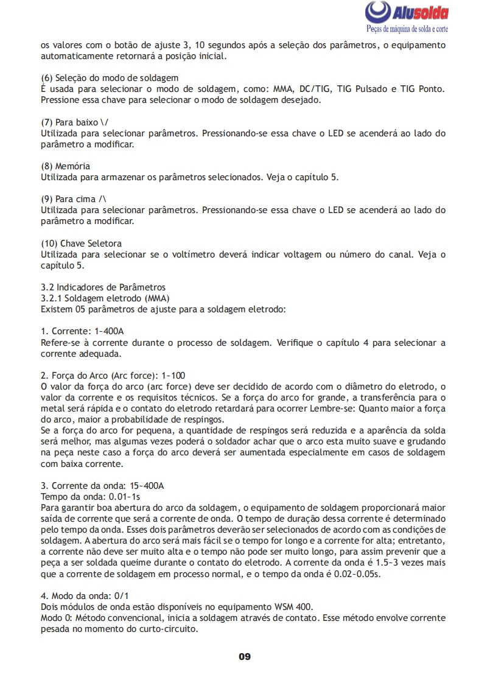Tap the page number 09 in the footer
click(x=244, y=657)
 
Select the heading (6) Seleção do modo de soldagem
click(x=109, y=78)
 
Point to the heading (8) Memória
click(x=65, y=166)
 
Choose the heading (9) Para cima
click(x=74, y=199)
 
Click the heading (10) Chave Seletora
click(x=81, y=243)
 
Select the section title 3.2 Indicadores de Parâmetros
click(x=102, y=287)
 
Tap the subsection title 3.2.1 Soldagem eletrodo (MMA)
click(x=105, y=298)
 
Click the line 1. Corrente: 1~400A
click(x=82, y=331)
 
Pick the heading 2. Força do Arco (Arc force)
click(x=113, y=375)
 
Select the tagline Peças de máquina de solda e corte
click(x=407, y=29)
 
